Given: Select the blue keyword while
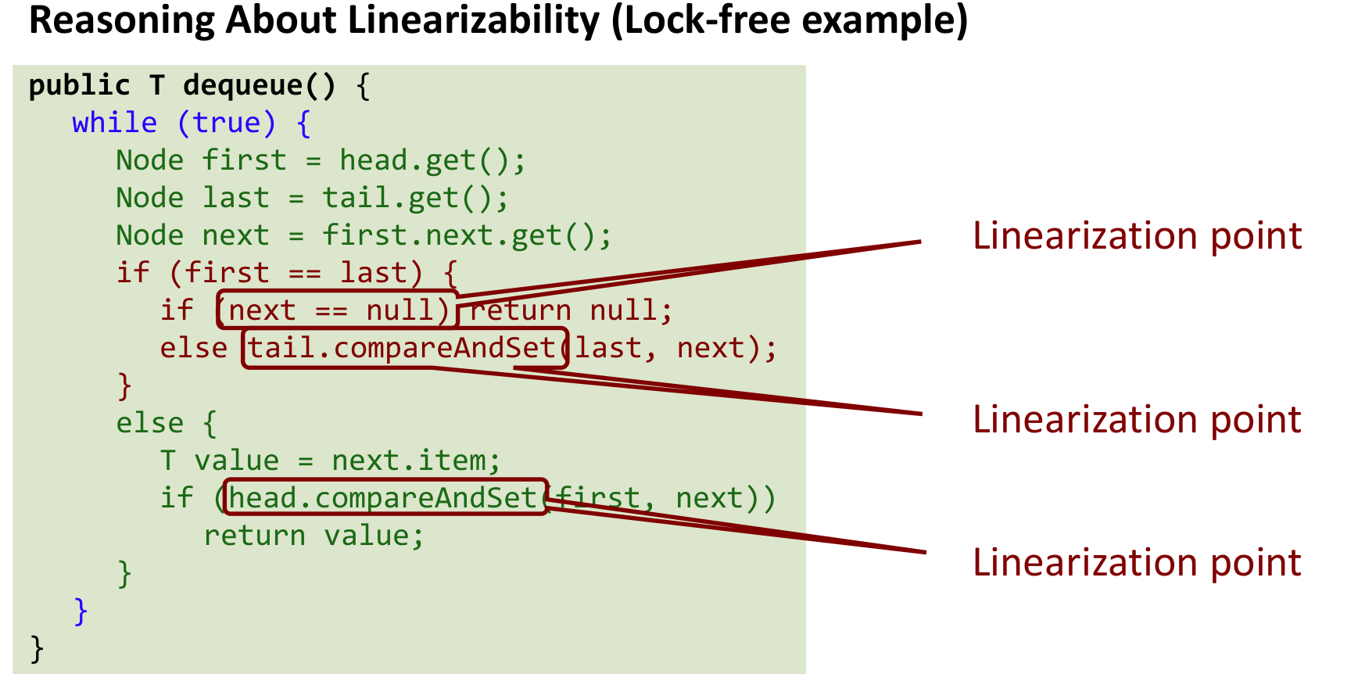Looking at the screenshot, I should click(x=114, y=123).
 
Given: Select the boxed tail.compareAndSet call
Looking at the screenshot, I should click(x=403, y=348).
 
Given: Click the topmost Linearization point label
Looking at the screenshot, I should click(x=1137, y=236).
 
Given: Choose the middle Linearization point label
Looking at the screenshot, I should click(x=1137, y=420).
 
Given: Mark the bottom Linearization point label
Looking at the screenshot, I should click(x=1137, y=563).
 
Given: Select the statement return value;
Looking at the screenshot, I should click(x=314, y=536).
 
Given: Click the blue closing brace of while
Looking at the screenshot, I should click(x=81, y=611).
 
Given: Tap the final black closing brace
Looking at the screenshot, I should click(x=37, y=648).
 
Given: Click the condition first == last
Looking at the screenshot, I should click(x=296, y=273).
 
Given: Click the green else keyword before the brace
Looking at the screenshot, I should click(x=149, y=423).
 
